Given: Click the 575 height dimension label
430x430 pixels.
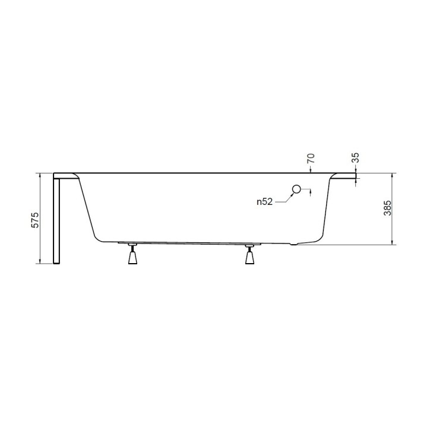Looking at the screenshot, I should [x=35, y=220].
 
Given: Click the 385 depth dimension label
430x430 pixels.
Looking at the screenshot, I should [x=387, y=208].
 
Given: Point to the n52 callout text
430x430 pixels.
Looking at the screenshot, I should [x=264, y=202].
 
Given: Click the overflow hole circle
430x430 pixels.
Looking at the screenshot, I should [x=296, y=190].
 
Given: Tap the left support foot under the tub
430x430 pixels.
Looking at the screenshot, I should [x=132, y=257].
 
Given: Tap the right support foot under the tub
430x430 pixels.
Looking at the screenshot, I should [x=249, y=257].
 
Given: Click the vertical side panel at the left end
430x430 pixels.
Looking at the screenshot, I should [x=56, y=220].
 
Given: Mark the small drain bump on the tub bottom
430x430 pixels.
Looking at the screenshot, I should [x=290, y=244].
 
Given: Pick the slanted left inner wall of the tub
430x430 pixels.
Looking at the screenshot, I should [x=88, y=208].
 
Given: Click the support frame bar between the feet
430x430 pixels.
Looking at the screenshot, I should [x=190, y=243].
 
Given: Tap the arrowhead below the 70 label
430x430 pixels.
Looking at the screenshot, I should [x=311, y=171].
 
